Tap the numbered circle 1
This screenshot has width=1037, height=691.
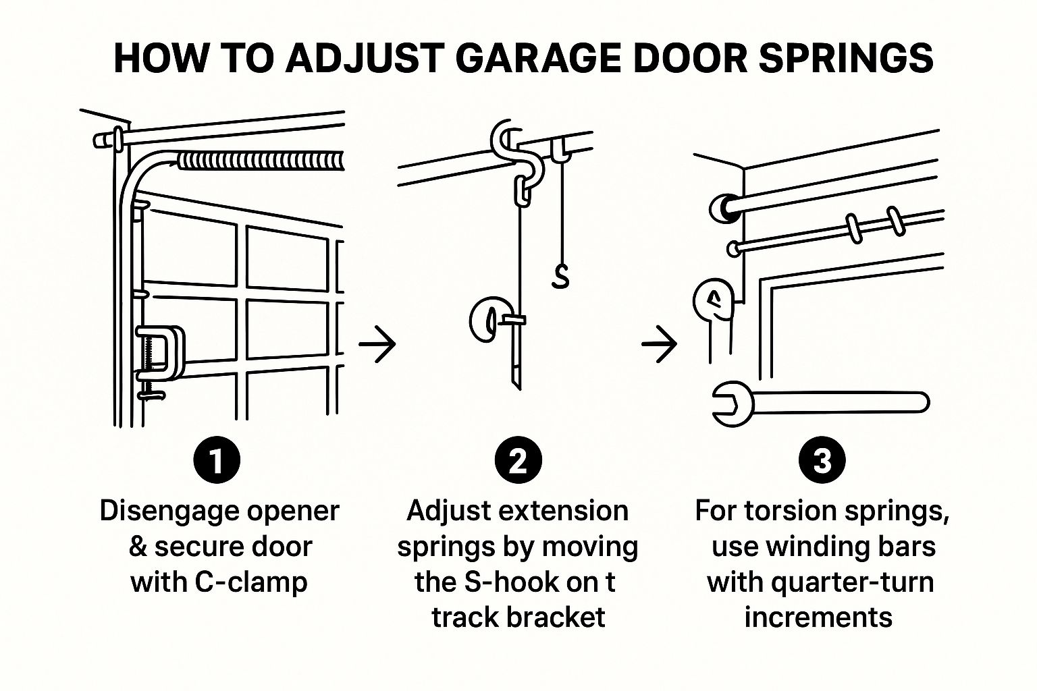click(x=217, y=462)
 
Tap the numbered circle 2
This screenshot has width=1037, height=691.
click(x=518, y=462)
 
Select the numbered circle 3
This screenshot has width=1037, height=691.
click(x=822, y=462)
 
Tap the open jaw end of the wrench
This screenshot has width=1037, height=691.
click(x=729, y=404)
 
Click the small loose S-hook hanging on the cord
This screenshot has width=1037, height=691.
click(x=560, y=276)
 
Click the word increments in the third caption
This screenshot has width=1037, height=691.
click(x=818, y=617)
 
